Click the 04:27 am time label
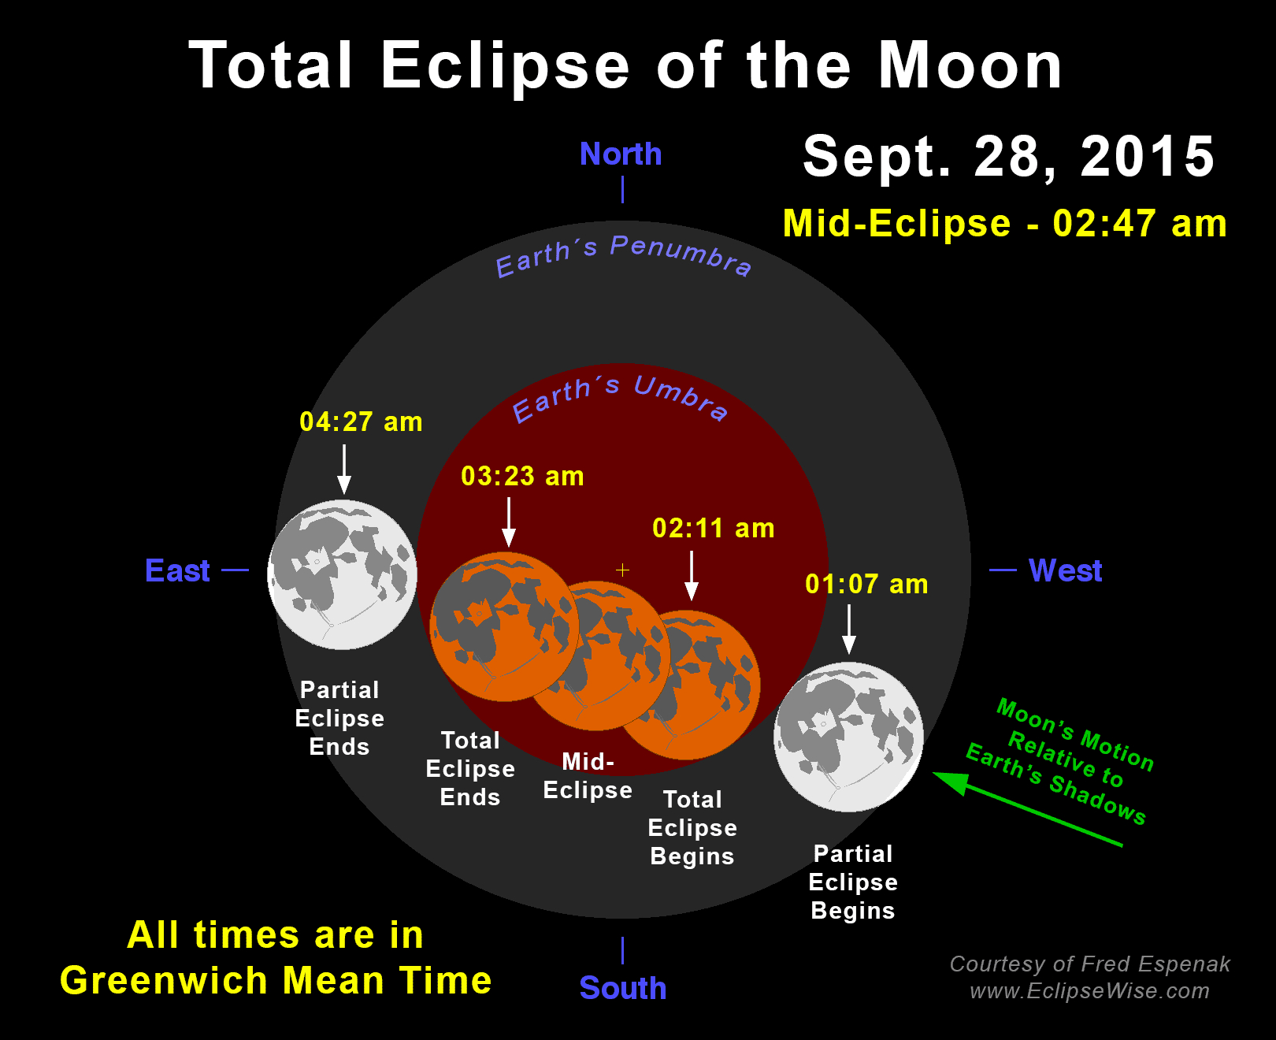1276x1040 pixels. (362, 422)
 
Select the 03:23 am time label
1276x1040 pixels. (522, 476)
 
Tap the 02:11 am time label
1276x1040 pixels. (714, 529)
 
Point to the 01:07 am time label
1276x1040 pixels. (867, 584)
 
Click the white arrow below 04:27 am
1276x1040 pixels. (344, 469)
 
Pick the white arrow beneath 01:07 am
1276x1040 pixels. (849, 629)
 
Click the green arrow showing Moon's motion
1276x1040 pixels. (1027, 809)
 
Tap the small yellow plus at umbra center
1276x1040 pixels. (622, 570)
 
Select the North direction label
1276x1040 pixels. (621, 154)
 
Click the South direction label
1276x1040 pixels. (623, 988)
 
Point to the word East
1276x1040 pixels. (177, 570)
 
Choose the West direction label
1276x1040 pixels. (1065, 570)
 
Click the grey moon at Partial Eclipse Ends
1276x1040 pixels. (342, 575)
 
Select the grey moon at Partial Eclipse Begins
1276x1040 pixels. (848, 737)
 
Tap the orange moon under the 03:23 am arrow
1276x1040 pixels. (504, 626)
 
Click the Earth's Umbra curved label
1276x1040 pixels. (620, 398)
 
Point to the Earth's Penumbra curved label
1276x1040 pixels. (623, 256)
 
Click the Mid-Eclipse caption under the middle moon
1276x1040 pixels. (588, 776)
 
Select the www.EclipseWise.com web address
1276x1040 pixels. (1089, 991)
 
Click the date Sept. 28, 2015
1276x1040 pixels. (1009, 157)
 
